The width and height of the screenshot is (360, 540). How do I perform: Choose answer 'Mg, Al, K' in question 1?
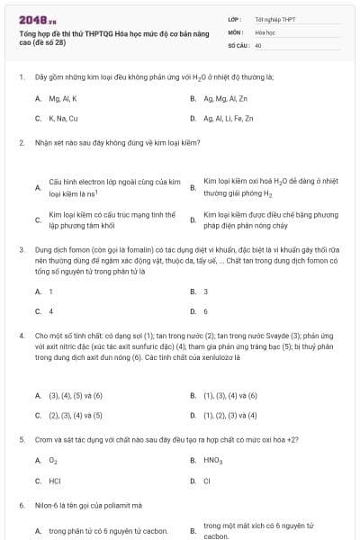(62, 98)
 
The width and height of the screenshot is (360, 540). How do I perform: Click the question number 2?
(22, 143)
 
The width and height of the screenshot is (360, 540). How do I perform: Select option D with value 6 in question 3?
(205, 311)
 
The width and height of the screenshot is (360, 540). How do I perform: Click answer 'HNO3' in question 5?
(212, 461)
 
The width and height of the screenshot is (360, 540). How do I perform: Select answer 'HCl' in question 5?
(54, 481)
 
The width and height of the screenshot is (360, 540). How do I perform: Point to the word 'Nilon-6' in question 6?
(45, 506)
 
